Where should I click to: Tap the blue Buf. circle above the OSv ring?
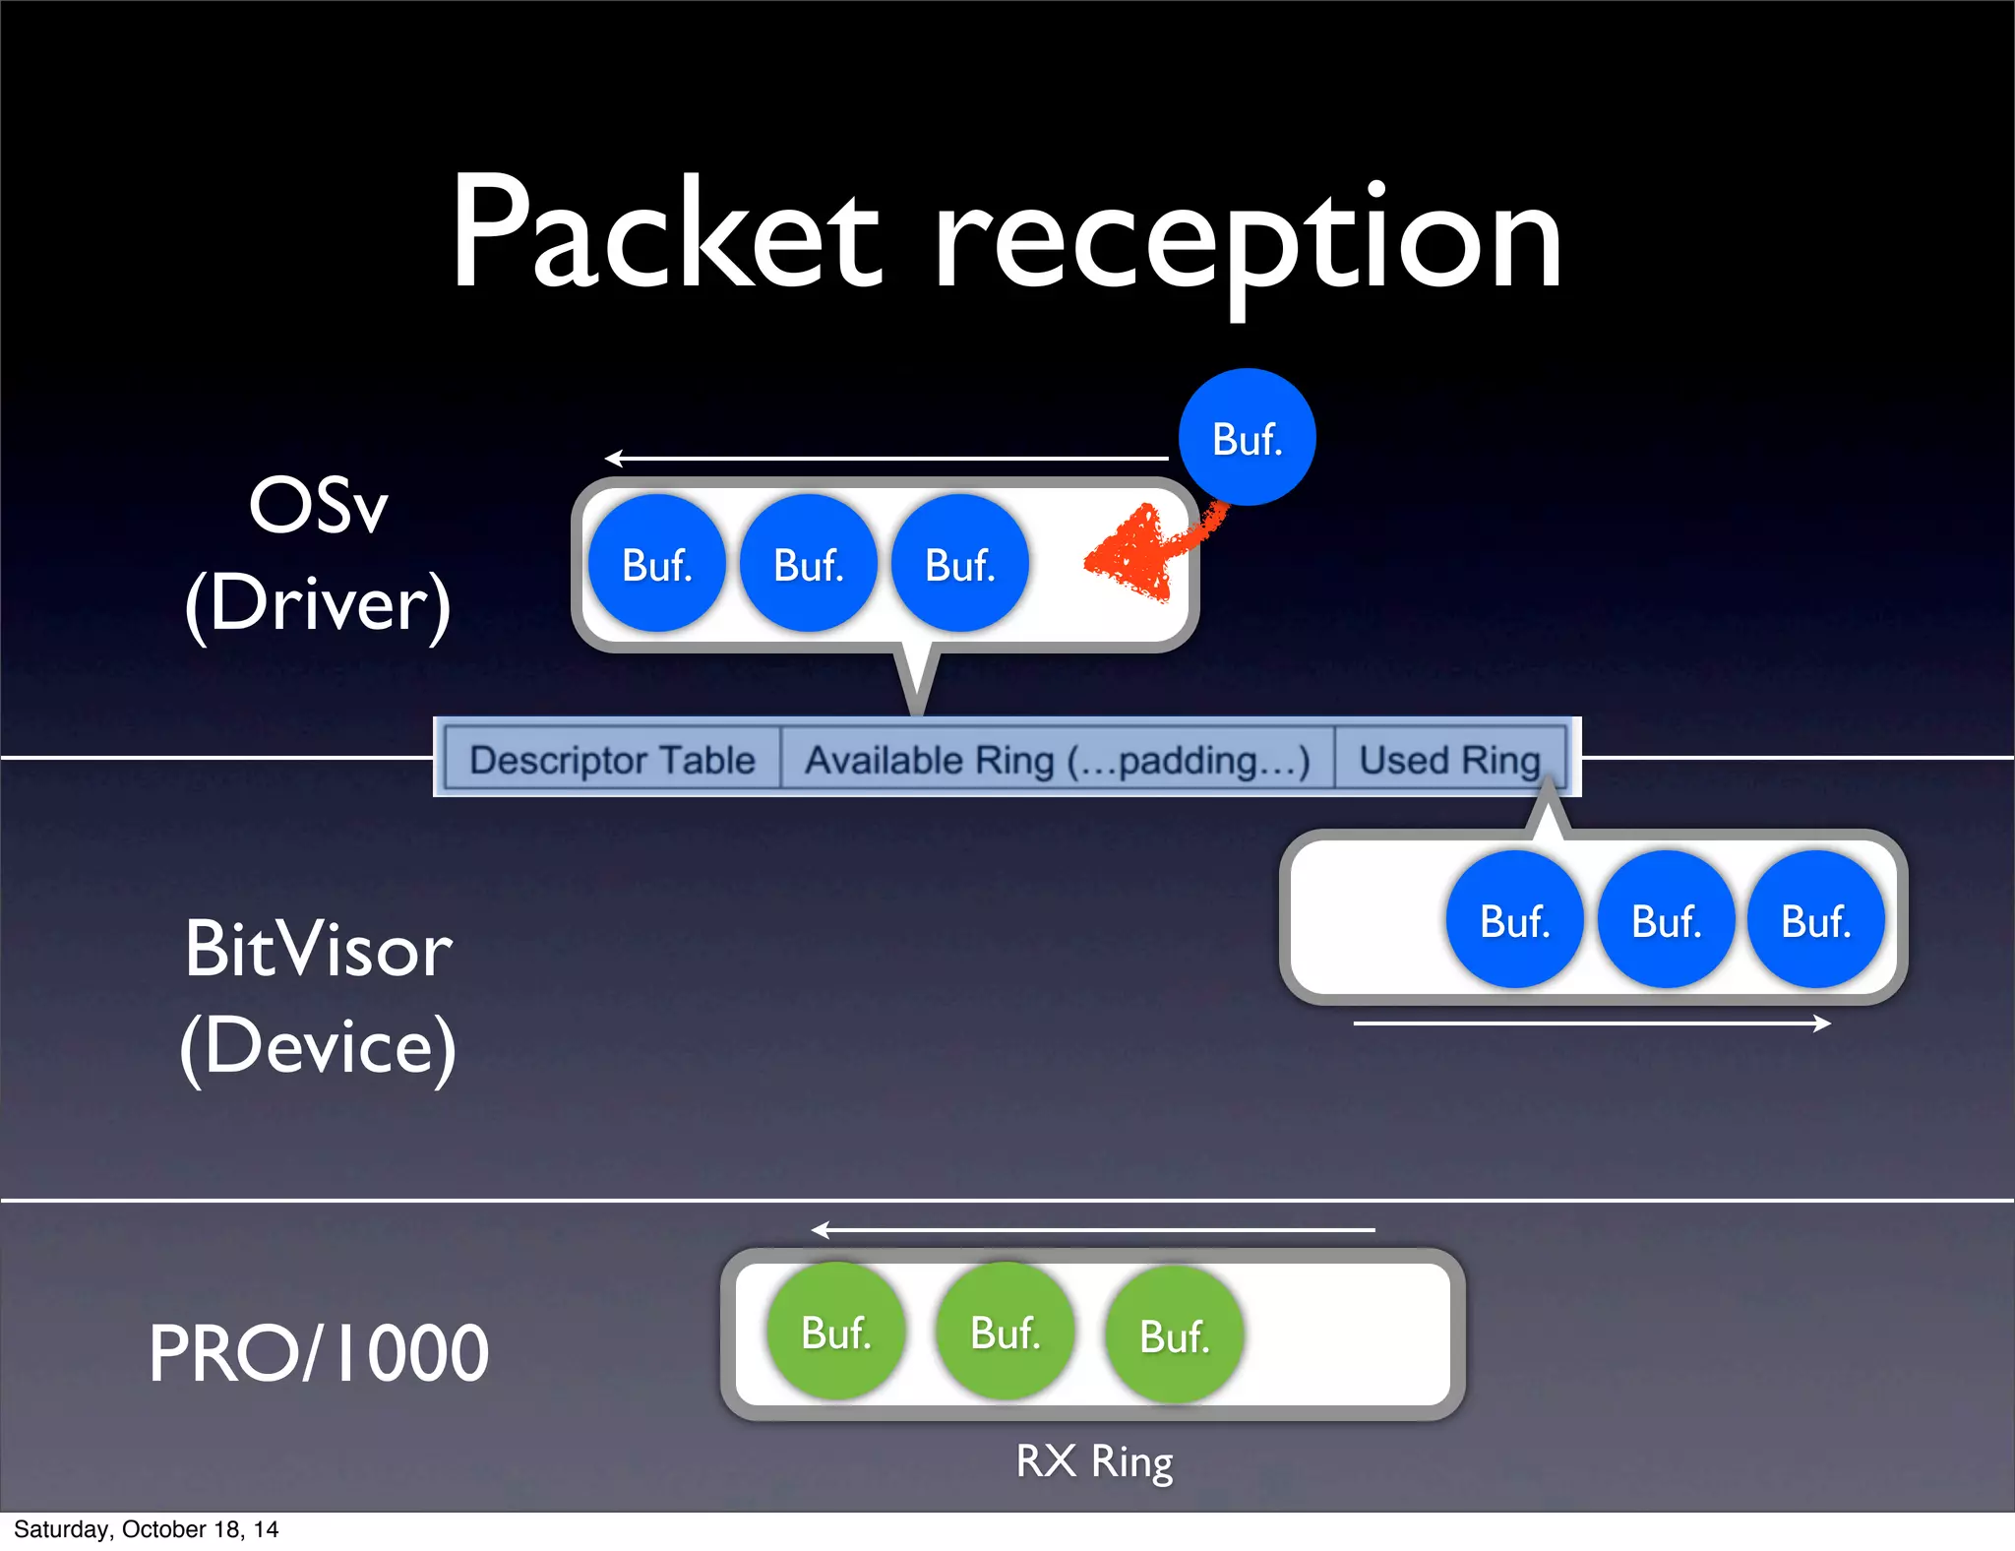coord(1247,438)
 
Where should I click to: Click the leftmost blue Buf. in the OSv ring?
coord(657,564)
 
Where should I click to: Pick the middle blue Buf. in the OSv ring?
coord(809,564)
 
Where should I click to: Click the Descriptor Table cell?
coord(612,759)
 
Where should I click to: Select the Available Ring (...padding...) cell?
coord(1058,759)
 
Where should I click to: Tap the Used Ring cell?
coord(1449,759)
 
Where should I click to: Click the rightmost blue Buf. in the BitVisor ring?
coord(1816,920)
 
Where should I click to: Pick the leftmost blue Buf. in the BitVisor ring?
coord(1515,920)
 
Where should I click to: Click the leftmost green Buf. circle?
coord(836,1333)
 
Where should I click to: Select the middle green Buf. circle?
coord(1006,1333)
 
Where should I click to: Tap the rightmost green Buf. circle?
coord(1175,1335)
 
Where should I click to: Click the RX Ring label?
coord(1094,1460)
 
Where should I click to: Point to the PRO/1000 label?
coord(319,1353)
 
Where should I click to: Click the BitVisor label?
coord(319,950)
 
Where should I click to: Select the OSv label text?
coord(319,506)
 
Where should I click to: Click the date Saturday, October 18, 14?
coord(146,1529)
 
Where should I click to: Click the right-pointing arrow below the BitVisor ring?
coord(1592,1024)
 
